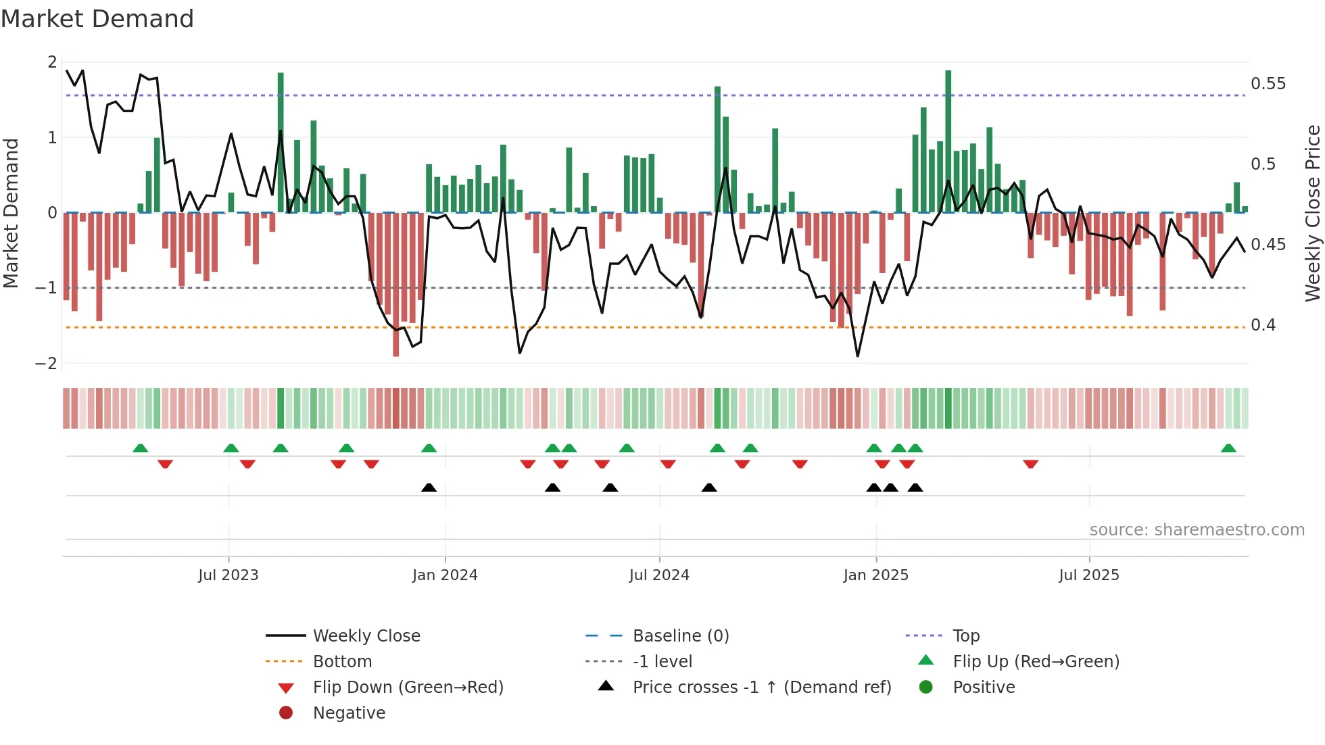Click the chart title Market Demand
[97, 19]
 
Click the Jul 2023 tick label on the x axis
[228, 575]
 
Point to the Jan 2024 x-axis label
[445, 575]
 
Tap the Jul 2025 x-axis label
[1088, 575]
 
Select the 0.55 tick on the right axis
[1268, 84]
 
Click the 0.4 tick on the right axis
[1263, 325]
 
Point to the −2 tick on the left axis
[46, 364]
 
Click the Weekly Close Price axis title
[1312, 213]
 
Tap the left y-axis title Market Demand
[11, 213]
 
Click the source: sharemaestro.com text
[1197, 530]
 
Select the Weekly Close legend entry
[366, 636]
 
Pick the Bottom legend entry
[342, 662]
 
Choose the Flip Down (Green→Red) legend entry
[408, 688]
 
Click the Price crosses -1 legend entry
[761, 688]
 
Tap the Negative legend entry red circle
[286, 713]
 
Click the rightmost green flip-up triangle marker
[1228, 448]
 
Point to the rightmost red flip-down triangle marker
[1030, 464]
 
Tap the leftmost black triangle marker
[429, 487]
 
